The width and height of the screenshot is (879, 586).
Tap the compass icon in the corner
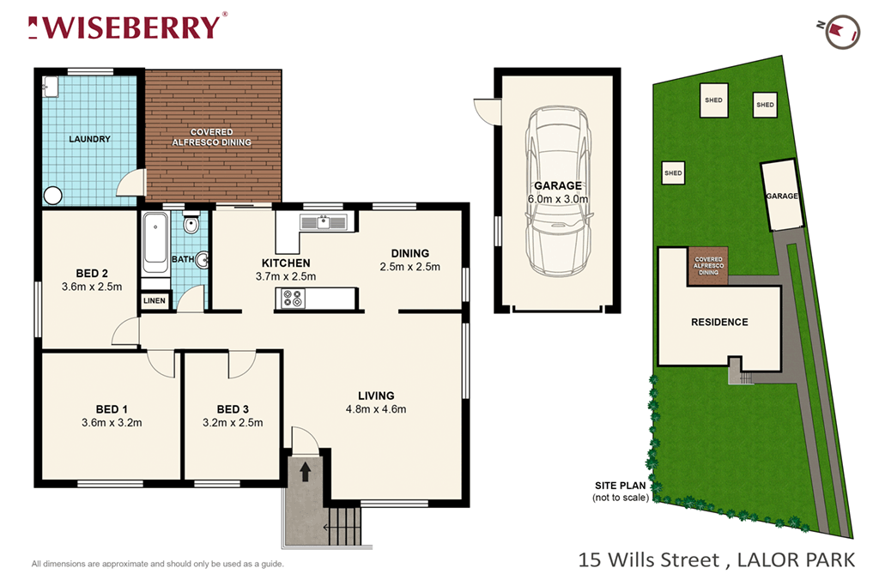point(836,31)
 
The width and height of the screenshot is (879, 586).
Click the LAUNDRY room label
point(89,138)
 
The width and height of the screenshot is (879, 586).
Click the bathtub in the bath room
point(155,242)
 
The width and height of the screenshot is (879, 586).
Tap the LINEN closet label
point(155,301)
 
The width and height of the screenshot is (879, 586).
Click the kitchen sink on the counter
point(323,223)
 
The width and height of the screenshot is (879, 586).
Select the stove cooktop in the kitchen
point(293,299)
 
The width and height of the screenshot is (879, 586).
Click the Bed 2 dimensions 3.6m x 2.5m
point(92,287)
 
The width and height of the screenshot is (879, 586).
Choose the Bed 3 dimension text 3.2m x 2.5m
point(233,422)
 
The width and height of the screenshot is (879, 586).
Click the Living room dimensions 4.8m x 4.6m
point(376,409)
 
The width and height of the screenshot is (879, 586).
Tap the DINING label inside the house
point(409,253)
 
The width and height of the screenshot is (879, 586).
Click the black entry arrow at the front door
point(305,470)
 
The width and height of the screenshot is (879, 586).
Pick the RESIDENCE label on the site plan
point(719,323)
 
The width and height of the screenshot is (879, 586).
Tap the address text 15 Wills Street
point(649,560)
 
